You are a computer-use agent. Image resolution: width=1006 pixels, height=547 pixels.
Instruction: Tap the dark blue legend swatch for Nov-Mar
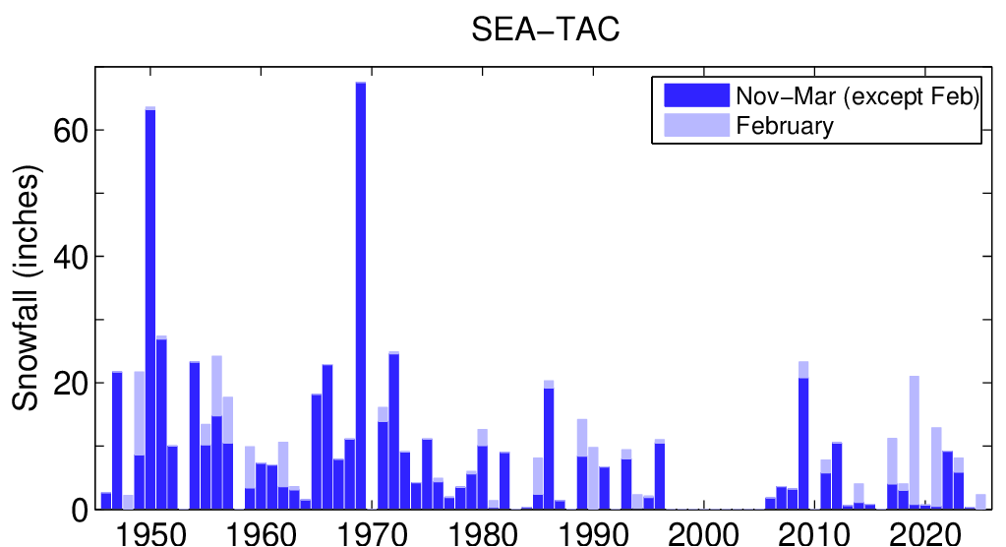696,94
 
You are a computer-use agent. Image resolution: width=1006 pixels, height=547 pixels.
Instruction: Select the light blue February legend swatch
696,125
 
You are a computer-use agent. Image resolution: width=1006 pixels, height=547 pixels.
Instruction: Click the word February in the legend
785,126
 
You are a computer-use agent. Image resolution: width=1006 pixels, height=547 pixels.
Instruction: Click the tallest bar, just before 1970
361,295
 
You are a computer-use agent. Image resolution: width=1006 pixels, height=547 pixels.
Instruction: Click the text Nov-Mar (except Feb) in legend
857,95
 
